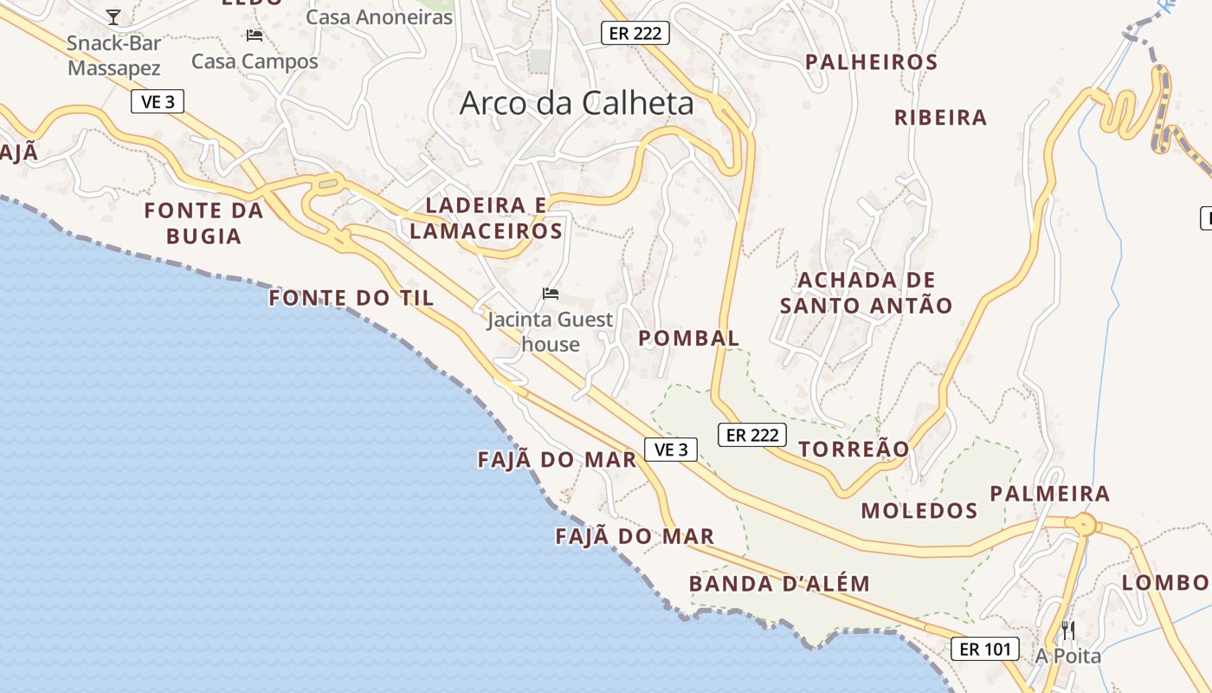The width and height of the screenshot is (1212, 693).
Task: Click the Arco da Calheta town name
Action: (x=577, y=103)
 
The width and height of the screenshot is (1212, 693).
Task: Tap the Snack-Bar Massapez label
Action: (x=114, y=55)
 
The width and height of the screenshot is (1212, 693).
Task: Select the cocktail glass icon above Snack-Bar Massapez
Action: (x=113, y=16)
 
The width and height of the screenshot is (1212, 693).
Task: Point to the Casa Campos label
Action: (x=255, y=62)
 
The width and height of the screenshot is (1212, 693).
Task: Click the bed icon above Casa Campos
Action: (x=255, y=36)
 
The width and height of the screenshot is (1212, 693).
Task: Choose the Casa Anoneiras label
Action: (x=379, y=17)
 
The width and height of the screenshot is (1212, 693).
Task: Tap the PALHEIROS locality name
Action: (x=871, y=62)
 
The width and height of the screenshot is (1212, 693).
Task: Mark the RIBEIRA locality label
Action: (x=940, y=118)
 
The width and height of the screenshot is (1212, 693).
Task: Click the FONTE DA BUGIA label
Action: (x=203, y=223)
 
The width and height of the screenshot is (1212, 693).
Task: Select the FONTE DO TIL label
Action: (x=351, y=298)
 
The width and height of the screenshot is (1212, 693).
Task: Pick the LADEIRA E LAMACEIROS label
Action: (x=487, y=217)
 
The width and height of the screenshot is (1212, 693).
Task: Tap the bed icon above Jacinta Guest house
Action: (x=550, y=294)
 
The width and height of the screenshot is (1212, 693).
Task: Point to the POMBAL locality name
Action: (x=689, y=338)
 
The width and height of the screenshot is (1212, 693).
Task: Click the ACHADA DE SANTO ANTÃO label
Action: (x=866, y=293)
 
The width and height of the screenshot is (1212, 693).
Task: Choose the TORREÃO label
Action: (x=854, y=449)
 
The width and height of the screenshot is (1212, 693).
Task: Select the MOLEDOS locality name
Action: (x=919, y=510)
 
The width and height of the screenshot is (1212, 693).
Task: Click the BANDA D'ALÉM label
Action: (x=779, y=583)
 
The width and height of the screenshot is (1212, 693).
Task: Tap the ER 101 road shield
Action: (x=985, y=649)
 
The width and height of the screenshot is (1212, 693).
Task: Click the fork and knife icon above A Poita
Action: (x=1068, y=630)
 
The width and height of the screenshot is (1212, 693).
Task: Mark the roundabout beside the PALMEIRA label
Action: (x=1084, y=524)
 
